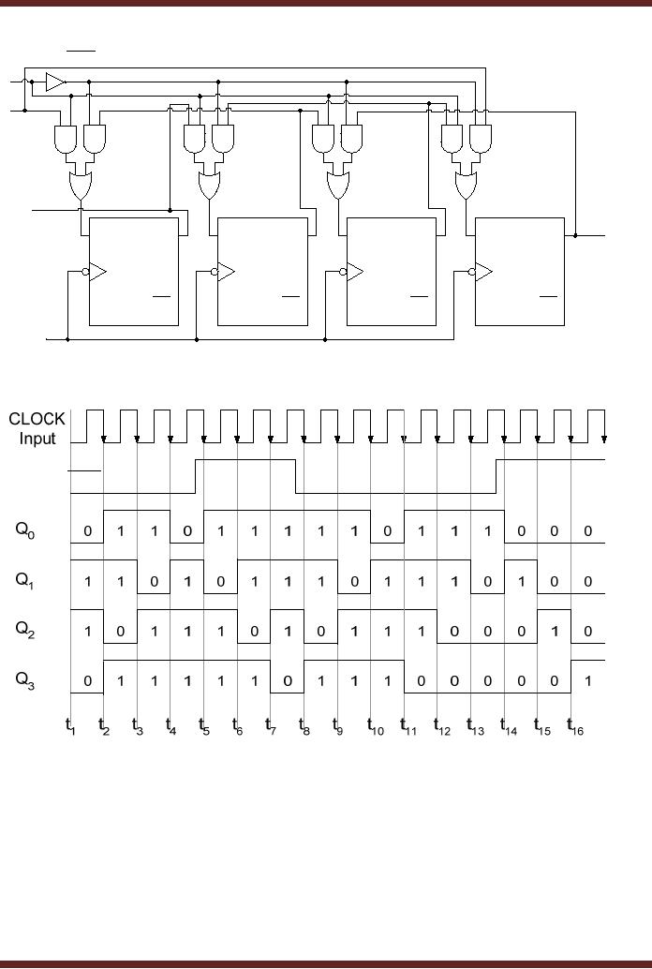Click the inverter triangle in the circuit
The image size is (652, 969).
pyautogui.click(x=54, y=82)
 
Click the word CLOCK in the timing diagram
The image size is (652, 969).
pyautogui.click(x=37, y=419)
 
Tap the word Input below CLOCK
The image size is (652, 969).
pyautogui.click(x=37, y=439)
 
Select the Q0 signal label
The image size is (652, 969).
pyautogui.click(x=24, y=529)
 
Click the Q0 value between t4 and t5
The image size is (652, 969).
pyautogui.click(x=187, y=531)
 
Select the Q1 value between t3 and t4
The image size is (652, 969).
pyautogui.click(x=155, y=582)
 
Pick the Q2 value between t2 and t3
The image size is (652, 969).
pyautogui.click(x=121, y=632)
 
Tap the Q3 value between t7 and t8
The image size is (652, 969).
pyautogui.click(x=288, y=681)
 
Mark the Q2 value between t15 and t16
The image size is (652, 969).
pyautogui.click(x=555, y=632)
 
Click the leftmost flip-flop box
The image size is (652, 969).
pyautogui.click(x=133, y=272)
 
